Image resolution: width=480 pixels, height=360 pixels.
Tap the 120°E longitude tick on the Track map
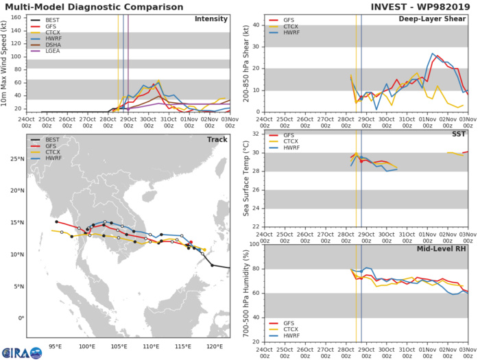(x=215, y=346)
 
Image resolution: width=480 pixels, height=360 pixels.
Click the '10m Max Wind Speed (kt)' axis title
(x=6, y=62)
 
